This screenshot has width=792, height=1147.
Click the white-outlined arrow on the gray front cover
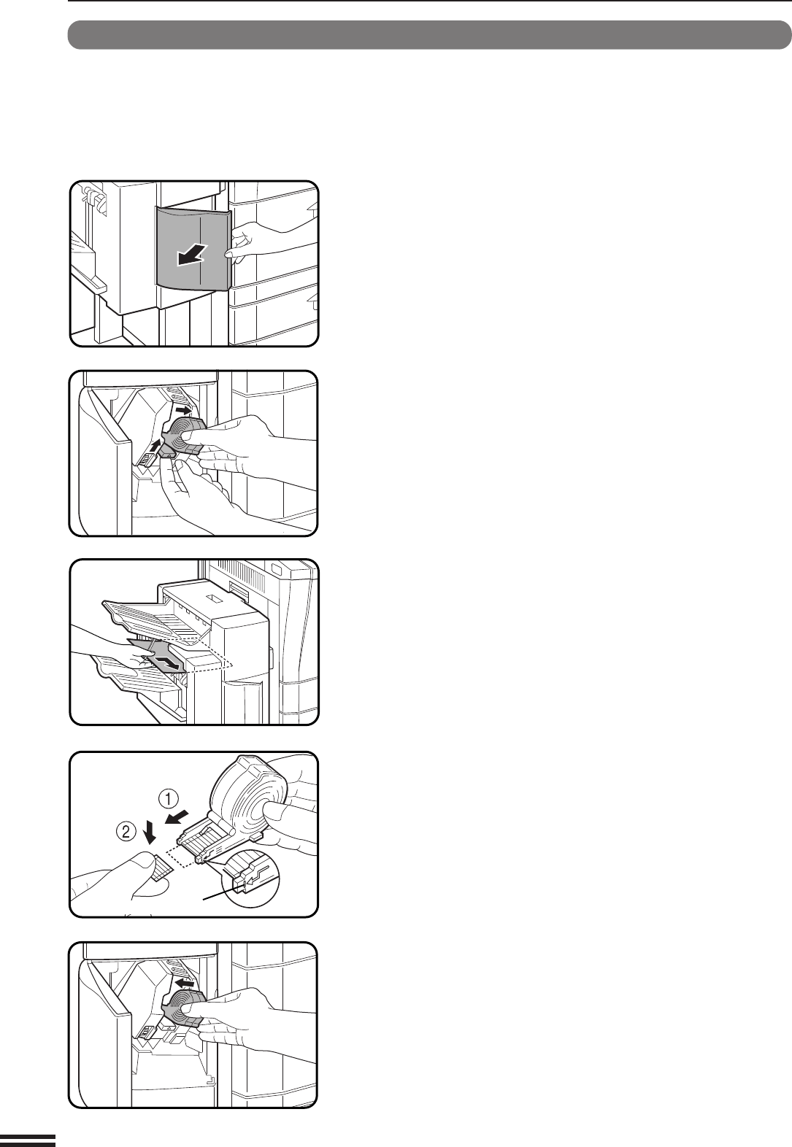tap(192, 255)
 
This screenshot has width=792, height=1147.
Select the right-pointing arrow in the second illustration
tap(183, 410)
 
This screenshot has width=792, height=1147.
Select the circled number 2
tap(126, 830)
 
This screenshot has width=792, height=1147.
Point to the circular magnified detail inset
tap(250, 876)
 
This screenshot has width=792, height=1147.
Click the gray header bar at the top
tap(430, 35)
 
